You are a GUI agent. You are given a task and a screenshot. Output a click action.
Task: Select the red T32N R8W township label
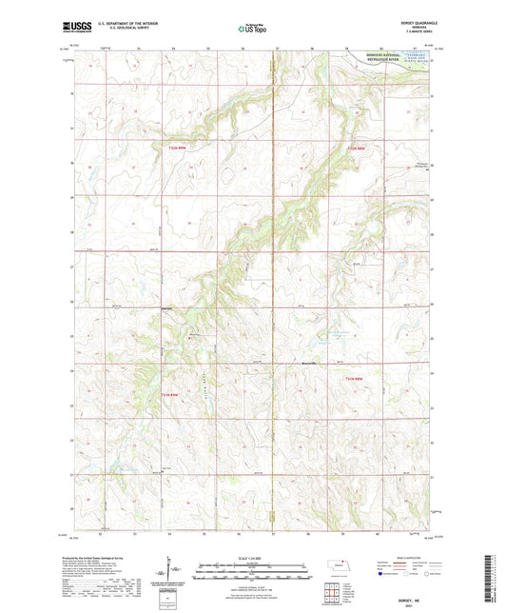tap(354, 148)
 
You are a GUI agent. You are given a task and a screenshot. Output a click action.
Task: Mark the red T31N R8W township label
tap(354, 381)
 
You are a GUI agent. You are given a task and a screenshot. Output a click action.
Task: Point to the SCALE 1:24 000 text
tap(252, 557)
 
